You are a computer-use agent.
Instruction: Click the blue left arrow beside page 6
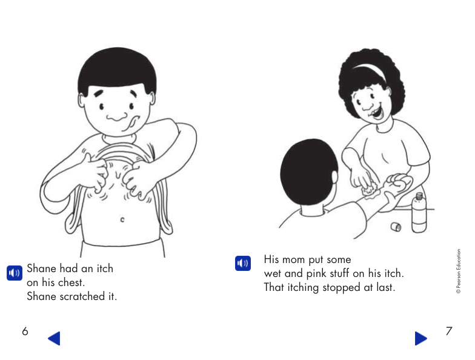(55, 338)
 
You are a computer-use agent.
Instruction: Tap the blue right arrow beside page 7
(420, 338)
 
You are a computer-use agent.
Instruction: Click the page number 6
(25, 332)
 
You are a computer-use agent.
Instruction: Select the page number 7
(449, 332)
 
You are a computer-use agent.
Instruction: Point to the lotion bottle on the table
(419, 213)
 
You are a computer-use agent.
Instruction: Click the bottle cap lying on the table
(395, 227)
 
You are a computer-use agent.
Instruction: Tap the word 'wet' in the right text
(273, 274)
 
